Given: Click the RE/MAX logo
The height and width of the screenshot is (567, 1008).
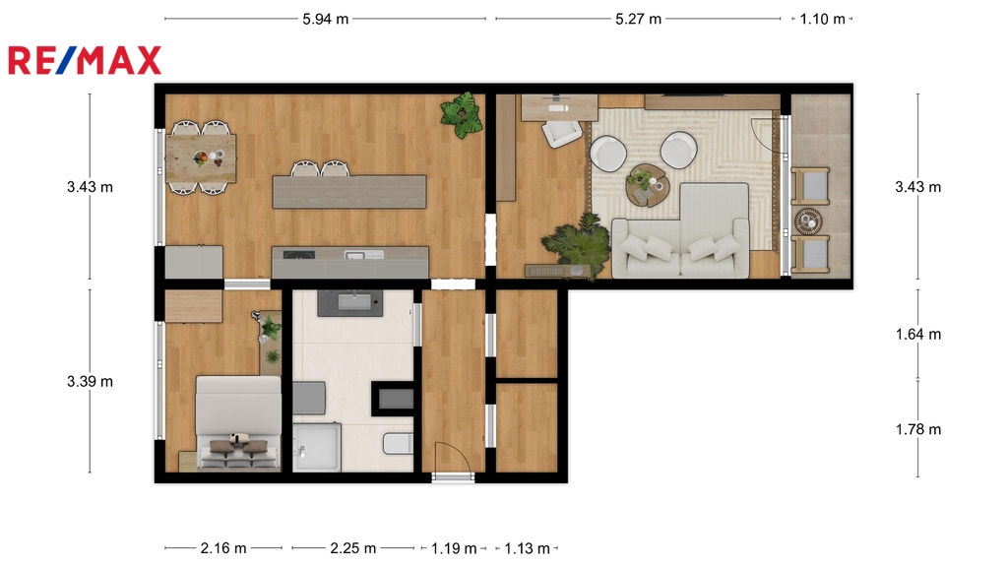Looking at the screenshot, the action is (x=85, y=60).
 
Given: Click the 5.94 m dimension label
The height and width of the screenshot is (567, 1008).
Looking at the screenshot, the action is (x=325, y=20).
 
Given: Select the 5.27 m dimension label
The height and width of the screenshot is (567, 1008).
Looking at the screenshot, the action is (x=638, y=20).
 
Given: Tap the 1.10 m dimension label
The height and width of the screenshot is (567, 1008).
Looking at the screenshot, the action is (x=822, y=20).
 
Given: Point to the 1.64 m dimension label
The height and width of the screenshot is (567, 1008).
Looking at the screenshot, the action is (x=918, y=335).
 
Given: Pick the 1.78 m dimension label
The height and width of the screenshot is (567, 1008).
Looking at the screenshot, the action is (x=918, y=429).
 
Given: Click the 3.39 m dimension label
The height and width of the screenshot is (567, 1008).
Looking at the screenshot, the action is (x=90, y=381).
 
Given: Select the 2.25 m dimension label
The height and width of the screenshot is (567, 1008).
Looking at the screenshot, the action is (x=353, y=548).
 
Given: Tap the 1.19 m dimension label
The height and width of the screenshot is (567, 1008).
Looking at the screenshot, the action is (x=454, y=548).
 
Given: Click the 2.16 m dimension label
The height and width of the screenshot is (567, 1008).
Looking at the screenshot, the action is (x=223, y=548).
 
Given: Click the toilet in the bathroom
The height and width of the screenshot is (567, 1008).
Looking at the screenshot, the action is (x=398, y=444).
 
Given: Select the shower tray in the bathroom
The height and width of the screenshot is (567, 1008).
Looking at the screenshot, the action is (x=317, y=448).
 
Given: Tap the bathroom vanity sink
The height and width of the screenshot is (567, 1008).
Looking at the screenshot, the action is (x=350, y=303).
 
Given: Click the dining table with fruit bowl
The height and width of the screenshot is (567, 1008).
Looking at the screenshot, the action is (x=201, y=158).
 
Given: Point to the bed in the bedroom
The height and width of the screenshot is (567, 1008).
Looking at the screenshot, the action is (x=238, y=423).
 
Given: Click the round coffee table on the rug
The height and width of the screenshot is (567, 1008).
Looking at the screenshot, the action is (x=648, y=185).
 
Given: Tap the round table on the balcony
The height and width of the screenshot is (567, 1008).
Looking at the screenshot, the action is (x=809, y=221).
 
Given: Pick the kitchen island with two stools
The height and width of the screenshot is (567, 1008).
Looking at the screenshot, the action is (x=349, y=192).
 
